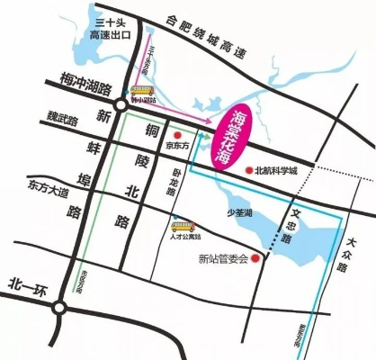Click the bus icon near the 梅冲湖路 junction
click(140, 91)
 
